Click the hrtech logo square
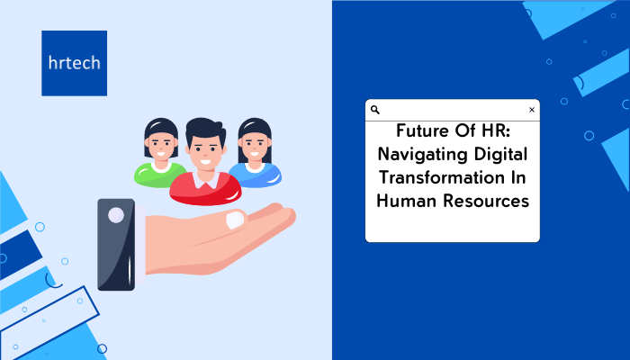click(75, 63)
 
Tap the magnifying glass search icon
click(375, 110)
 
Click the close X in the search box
click(532, 110)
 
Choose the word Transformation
click(442, 177)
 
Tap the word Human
click(407, 201)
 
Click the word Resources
click(486, 201)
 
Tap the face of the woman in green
click(161, 146)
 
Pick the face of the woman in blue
click(255, 146)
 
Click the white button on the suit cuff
click(116, 215)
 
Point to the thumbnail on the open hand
click(235, 220)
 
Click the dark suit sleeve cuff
click(116, 245)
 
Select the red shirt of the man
click(205, 190)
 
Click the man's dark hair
click(205, 128)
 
